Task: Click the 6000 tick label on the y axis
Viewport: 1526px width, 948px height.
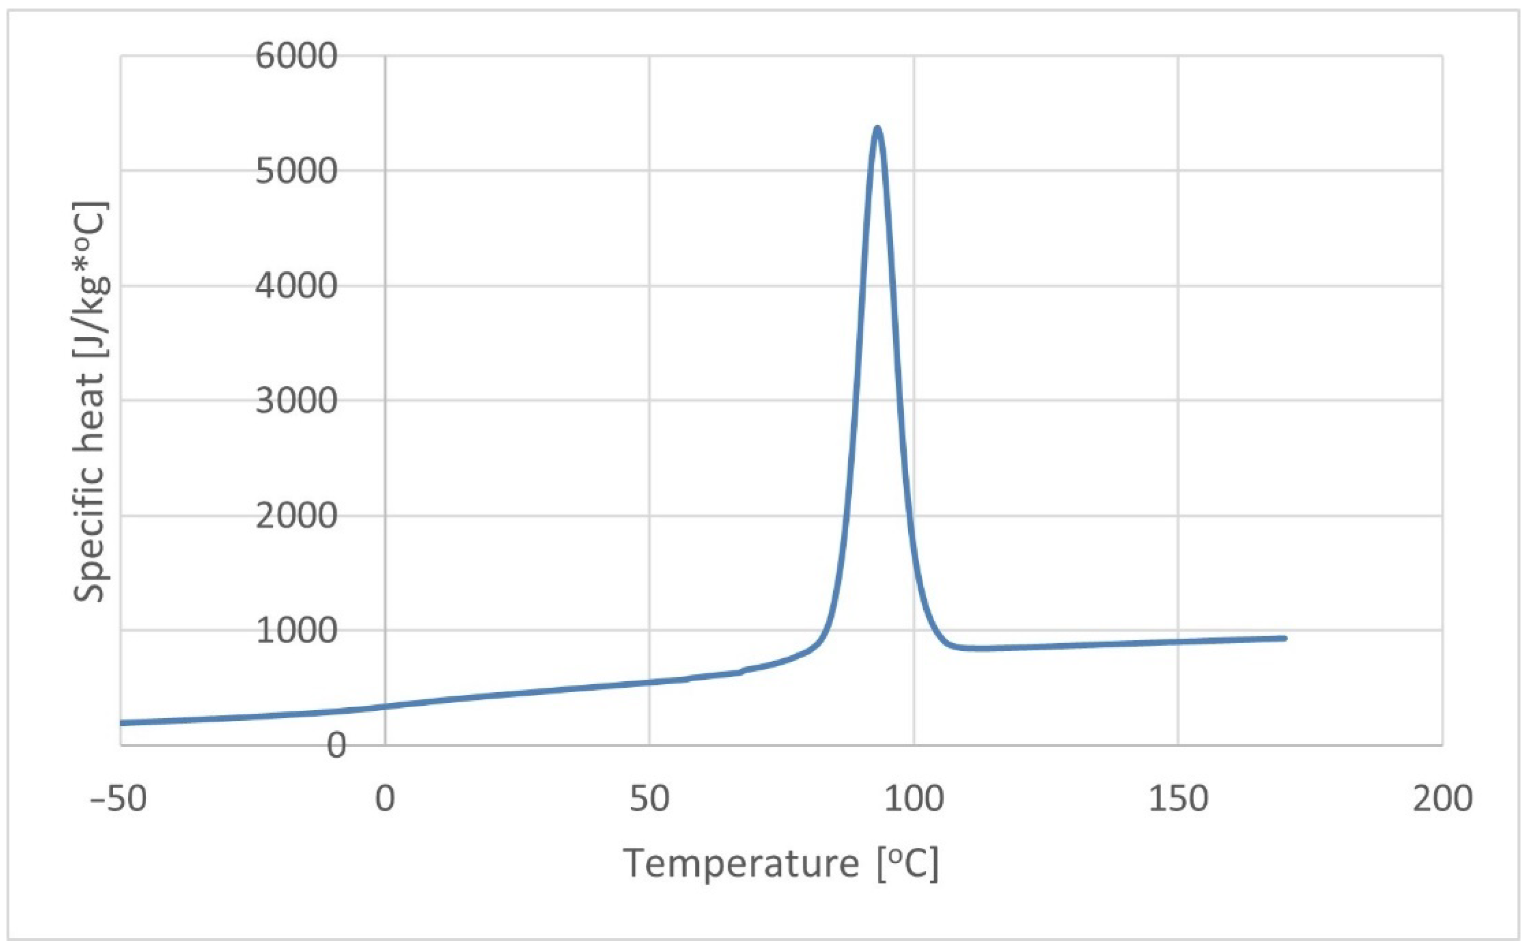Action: tap(296, 57)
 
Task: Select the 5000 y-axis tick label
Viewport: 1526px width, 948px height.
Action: tap(296, 171)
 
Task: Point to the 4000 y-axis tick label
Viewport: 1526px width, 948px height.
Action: tap(296, 286)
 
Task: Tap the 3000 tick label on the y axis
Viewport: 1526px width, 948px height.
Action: tap(296, 401)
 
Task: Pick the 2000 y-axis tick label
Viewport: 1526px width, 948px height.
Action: tap(296, 516)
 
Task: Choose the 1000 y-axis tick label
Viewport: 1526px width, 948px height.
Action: tap(296, 631)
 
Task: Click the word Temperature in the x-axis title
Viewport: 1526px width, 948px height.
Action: tap(741, 864)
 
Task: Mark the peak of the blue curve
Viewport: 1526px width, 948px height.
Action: tap(878, 129)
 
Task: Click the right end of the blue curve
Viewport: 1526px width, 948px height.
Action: tap(1285, 638)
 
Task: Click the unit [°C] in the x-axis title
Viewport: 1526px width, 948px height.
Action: tap(908, 864)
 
